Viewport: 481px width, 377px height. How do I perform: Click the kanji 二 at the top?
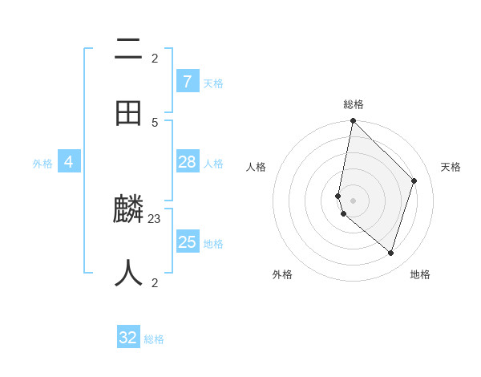[129, 50]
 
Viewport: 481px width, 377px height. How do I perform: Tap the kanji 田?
[129, 113]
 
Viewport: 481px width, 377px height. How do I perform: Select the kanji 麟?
[129, 210]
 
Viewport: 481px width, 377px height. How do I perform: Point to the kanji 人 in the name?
[129, 274]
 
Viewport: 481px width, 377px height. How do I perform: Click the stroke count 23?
[155, 218]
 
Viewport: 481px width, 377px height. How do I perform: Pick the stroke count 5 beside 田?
[155, 122]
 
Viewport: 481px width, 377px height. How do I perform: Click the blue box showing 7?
[188, 81]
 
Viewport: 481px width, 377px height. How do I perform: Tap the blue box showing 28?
[188, 162]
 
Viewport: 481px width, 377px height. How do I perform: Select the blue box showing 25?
[188, 242]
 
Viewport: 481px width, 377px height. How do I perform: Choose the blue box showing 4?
[69, 162]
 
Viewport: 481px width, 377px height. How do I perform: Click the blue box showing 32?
[128, 338]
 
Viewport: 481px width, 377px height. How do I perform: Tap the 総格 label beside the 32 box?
[154, 339]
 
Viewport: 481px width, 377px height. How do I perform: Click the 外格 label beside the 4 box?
[42, 164]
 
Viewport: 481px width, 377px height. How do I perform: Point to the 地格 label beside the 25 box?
[213, 244]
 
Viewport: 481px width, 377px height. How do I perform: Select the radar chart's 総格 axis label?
[354, 104]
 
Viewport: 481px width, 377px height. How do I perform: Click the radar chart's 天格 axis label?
[451, 167]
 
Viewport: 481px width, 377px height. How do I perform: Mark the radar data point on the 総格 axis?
[353, 121]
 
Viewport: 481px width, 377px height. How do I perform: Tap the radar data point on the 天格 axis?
[414, 181]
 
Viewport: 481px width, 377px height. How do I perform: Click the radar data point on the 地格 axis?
[390, 253]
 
